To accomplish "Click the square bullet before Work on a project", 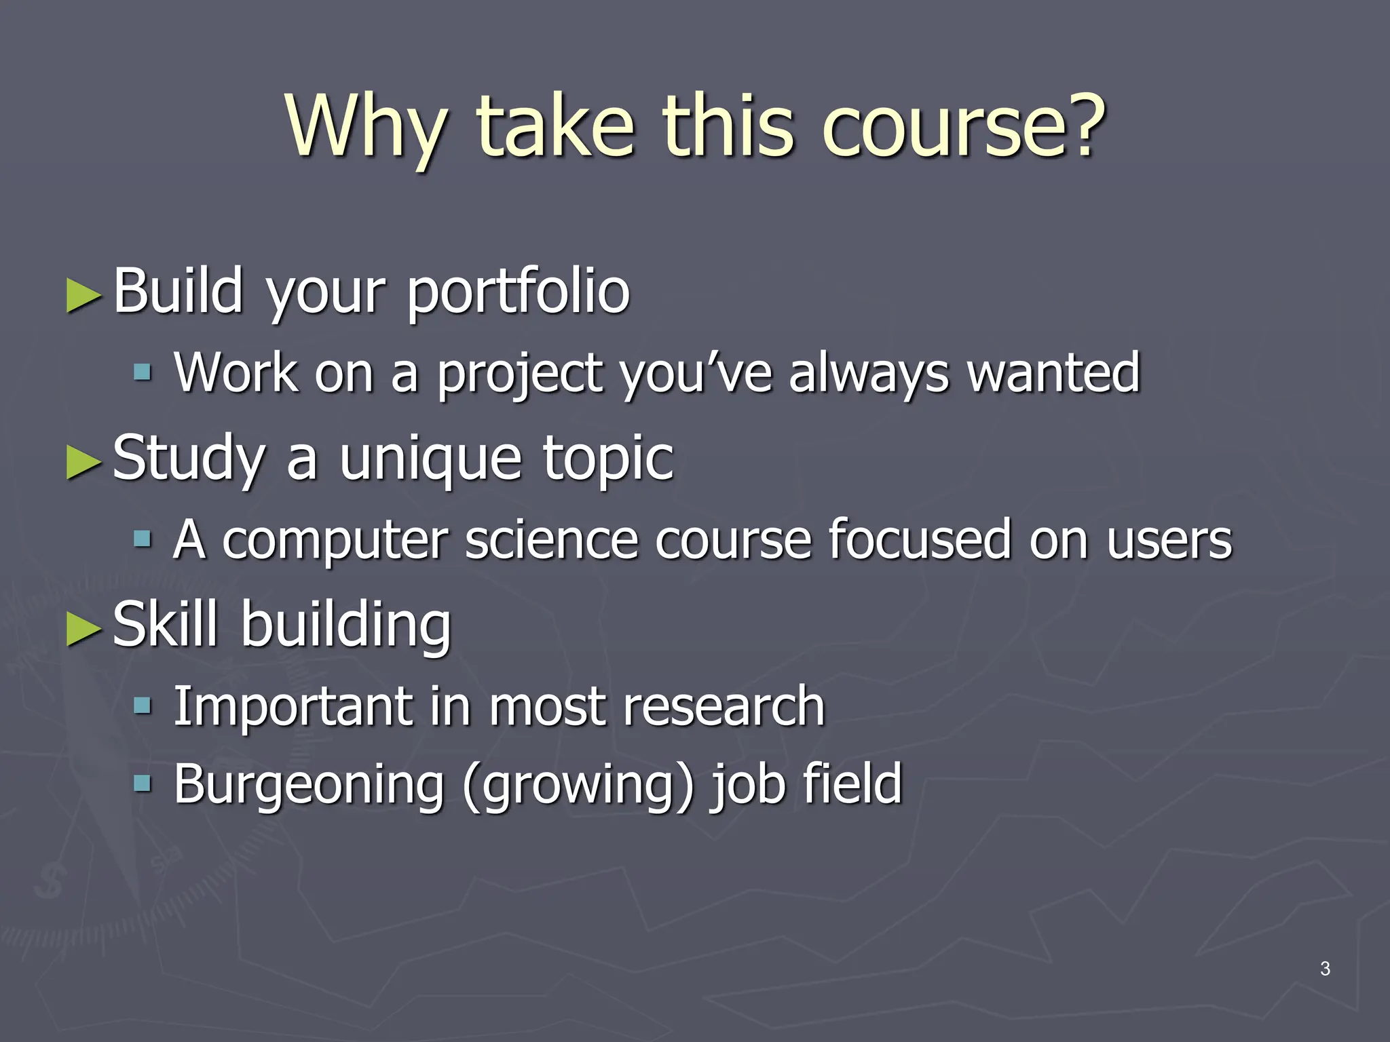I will [x=142, y=372].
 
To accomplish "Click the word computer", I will [x=335, y=541].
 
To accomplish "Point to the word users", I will [x=1169, y=541].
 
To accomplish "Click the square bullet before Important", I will [x=142, y=706].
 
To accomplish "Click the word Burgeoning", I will [x=309, y=785].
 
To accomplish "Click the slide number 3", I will [x=1325, y=969].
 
